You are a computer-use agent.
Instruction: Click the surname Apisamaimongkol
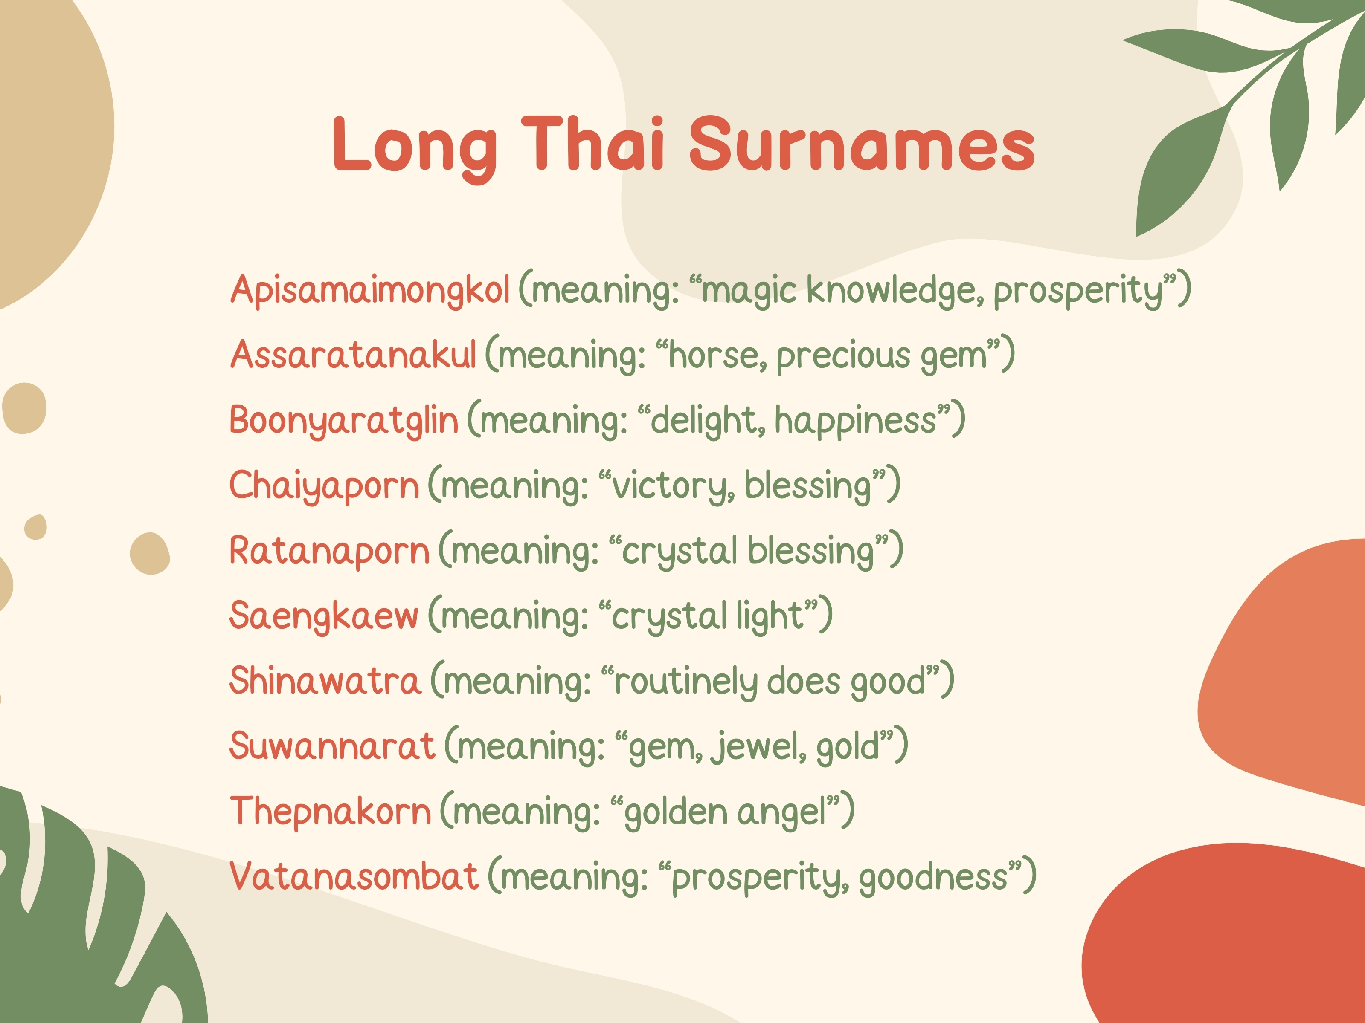click(370, 290)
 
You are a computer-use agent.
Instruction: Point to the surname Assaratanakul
click(354, 355)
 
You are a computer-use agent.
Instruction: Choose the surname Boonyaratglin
click(344, 421)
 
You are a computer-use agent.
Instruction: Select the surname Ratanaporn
click(330, 551)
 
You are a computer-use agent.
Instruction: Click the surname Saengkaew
click(324, 616)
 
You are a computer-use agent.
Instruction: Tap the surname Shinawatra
click(325, 681)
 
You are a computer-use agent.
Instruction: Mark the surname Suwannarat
click(332, 746)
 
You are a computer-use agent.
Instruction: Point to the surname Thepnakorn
click(330, 812)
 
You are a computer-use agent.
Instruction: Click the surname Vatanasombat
click(354, 876)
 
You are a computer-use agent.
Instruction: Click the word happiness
click(856, 421)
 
